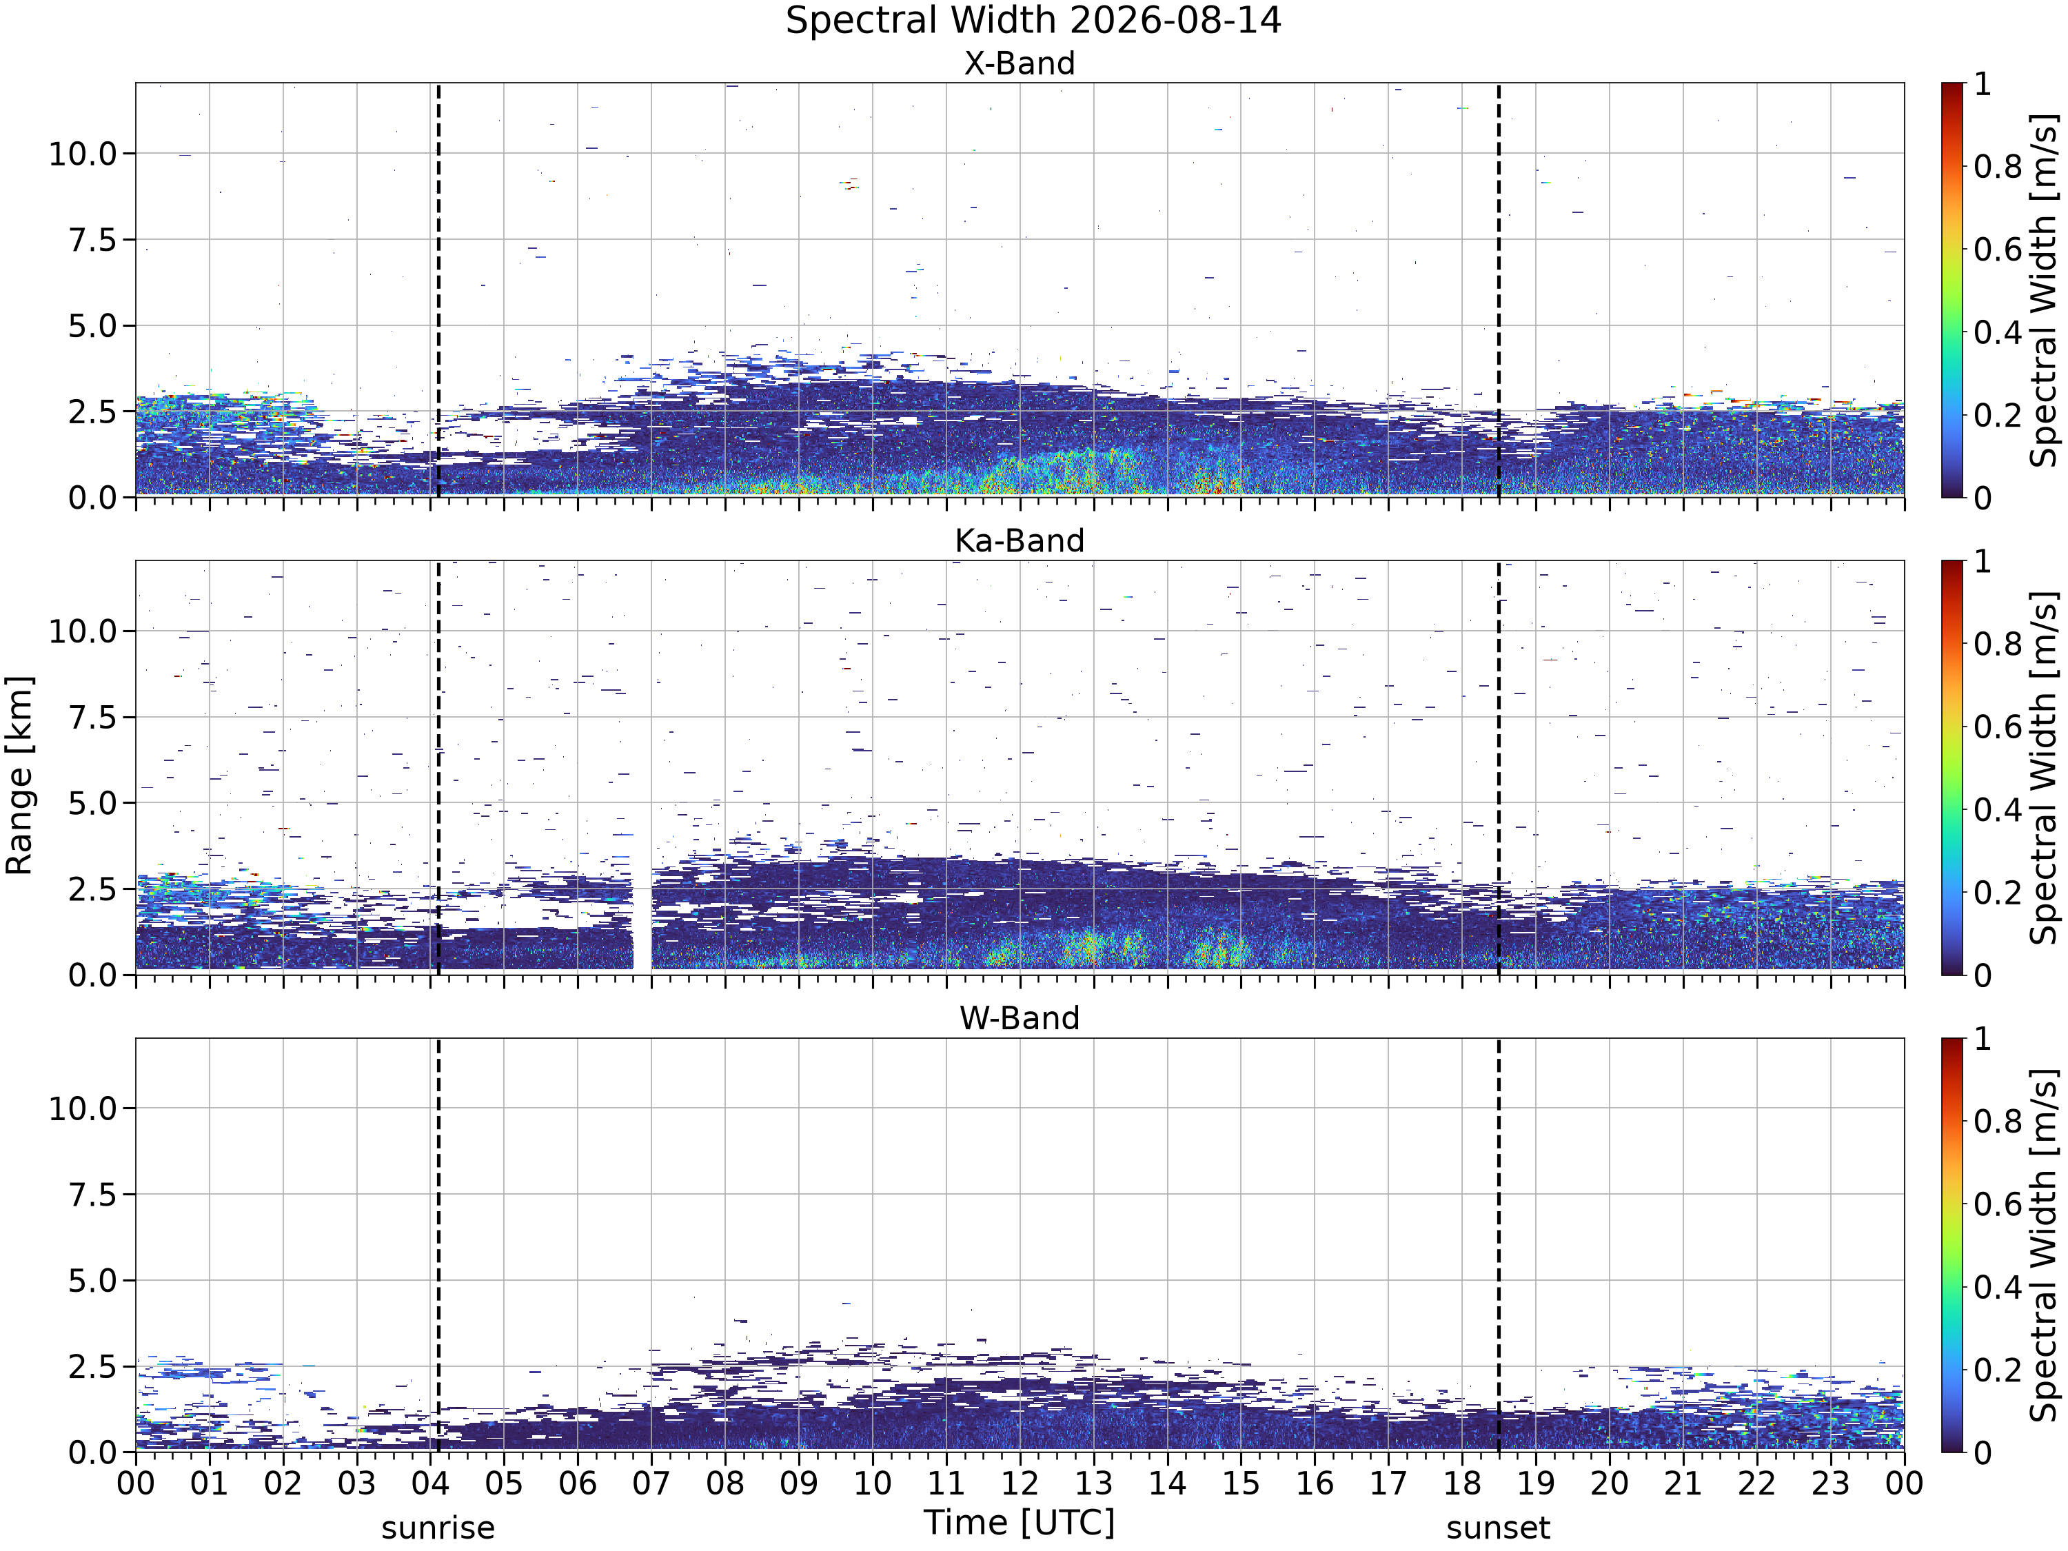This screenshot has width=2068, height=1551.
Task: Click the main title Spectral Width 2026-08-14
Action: pos(1033,21)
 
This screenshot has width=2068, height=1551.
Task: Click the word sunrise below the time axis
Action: pos(438,1528)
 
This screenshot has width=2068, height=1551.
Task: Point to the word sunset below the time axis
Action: pos(1498,1528)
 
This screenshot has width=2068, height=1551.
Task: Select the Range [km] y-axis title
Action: pos(19,775)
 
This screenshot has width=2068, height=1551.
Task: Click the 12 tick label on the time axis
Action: pos(1020,1483)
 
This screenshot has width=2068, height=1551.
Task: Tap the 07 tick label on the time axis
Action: pos(651,1483)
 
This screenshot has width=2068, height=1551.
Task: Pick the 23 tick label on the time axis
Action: pos(1831,1483)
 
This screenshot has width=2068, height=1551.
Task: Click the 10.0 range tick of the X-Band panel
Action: pos(83,153)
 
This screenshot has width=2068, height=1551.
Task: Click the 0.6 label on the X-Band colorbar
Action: pos(1998,250)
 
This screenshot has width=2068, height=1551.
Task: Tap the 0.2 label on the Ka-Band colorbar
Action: pos(1998,892)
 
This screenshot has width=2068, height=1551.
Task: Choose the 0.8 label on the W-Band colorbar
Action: pos(1998,1121)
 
